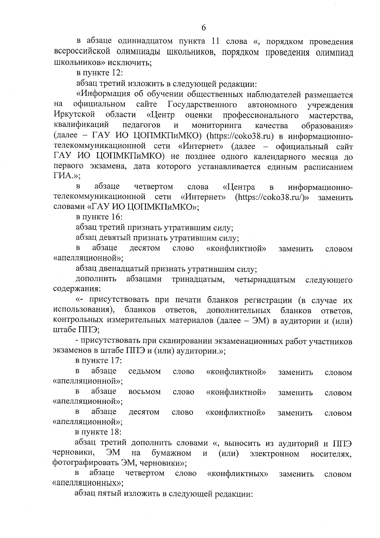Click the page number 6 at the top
tap(204, 28)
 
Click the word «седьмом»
tap(145, 372)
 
